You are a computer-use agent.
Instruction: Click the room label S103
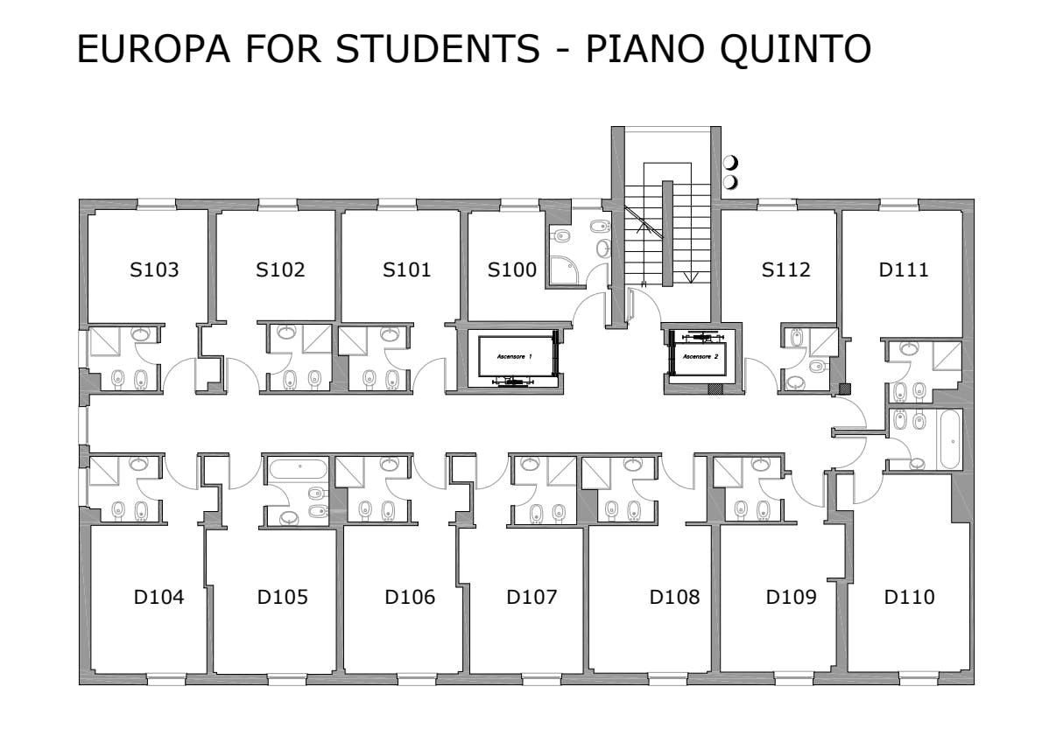(x=154, y=270)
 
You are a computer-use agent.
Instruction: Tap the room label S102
(x=280, y=270)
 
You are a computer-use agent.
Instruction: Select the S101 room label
(x=406, y=270)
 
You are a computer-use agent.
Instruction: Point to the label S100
(x=512, y=270)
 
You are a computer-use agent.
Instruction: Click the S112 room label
(x=785, y=270)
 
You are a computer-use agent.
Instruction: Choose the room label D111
(x=904, y=270)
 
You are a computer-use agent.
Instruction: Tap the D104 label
(x=158, y=598)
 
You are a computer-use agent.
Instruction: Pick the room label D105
(x=283, y=598)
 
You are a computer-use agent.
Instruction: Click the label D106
(x=410, y=598)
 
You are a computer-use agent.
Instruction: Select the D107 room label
(x=532, y=598)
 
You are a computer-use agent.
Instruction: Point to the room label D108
(x=674, y=598)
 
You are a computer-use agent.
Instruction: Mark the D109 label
(x=792, y=598)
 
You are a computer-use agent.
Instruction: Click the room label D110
(x=909, y=598)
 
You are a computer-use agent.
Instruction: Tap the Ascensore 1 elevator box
(x=516, y=358)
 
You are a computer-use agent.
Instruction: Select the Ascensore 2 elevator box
(x=700, y=356)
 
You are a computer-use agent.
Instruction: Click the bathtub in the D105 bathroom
(x=297, y=468)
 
